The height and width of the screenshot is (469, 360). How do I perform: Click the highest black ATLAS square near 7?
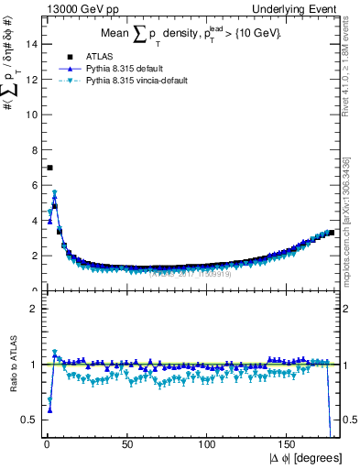49,168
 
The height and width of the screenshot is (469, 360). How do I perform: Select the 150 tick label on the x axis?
289,445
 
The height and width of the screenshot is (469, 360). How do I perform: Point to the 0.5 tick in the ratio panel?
28,420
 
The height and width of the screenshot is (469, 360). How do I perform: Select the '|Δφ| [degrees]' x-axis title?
308,458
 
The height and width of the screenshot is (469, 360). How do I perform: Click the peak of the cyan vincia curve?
55,193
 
